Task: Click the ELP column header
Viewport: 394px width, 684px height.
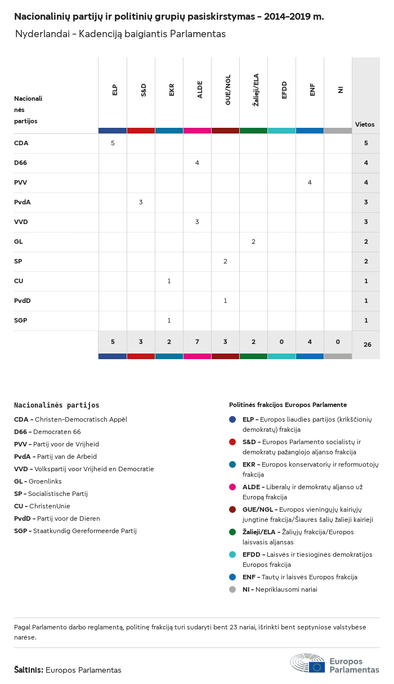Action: [x=115, y=90]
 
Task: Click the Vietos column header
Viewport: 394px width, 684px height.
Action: [x=365, y=124]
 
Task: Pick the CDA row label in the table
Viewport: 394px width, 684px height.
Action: [x=21, y=143]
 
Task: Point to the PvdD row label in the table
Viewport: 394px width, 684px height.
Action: [x=23, y=301]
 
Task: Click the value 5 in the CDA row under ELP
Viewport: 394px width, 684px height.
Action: [x=113, y=143]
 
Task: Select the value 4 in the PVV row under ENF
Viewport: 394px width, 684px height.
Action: [x=310, y=182]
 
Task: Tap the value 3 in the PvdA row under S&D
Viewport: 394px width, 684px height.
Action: [x=141, y=202]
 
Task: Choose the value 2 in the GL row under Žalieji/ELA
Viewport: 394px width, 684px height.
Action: [x=253, y=242]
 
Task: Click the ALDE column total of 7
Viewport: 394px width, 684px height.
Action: [x=197, y=342]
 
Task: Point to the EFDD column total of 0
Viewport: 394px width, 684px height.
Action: [x=281, y=342]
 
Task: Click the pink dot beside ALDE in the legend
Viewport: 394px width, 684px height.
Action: [x=232, y=486]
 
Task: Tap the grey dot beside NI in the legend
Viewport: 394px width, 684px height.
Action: [x=232, y=589]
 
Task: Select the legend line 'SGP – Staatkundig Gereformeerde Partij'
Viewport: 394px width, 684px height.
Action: [x=75, y=531]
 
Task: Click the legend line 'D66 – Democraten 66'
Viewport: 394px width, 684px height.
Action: [x=47, y=432]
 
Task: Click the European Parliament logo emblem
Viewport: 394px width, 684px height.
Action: [x=307, y=664]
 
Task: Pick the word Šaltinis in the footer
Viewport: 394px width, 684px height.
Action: [x=28, y=670]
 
